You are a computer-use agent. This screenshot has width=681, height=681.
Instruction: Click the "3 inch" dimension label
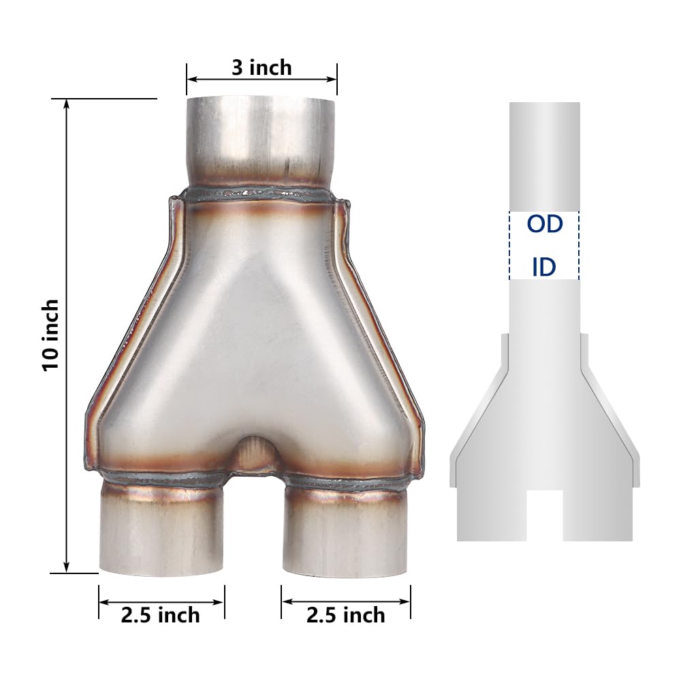click(x=262, y=68)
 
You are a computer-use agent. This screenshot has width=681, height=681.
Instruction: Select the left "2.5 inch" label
click(x=161, y=615)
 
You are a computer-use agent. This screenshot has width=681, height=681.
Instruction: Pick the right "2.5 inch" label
click(x=346, y=615)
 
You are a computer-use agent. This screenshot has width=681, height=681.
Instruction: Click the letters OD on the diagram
click(x=544, y=224)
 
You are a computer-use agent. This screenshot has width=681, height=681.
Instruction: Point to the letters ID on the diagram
click(x=543, y=268)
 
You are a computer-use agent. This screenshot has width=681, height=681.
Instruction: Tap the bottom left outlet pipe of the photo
click(x=162, y=531)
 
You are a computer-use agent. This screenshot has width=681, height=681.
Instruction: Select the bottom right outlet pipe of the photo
click(x=346, y=531)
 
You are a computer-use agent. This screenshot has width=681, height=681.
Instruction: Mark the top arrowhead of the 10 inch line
click(x=66, y=104)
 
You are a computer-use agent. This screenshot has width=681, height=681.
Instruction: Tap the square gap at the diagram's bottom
click(x=545, y=514)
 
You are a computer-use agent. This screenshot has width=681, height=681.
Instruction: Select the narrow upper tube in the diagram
click(x=544, y=157)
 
